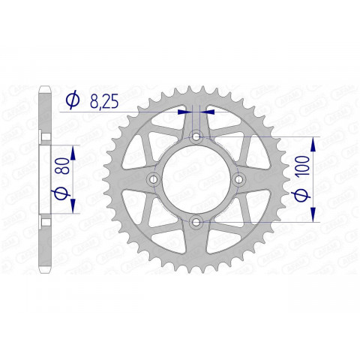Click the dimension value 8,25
[103, 100]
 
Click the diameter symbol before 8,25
[72, 100]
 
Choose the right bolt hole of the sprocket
[239, 180]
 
